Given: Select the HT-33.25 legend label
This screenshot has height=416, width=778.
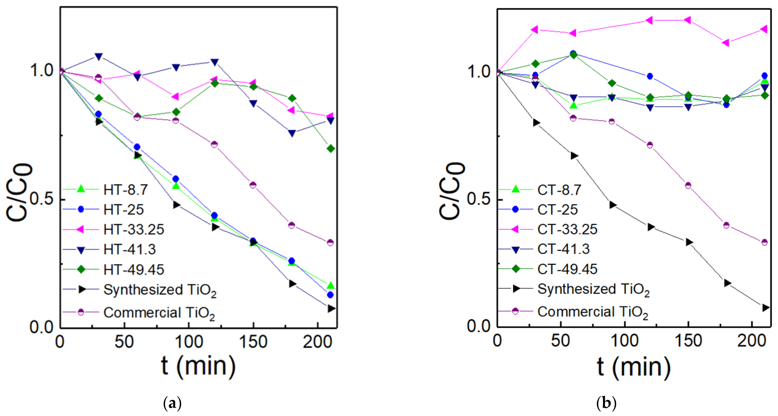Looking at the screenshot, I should pos(134,229).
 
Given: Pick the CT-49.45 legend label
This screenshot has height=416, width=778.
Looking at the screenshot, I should pos(567,269).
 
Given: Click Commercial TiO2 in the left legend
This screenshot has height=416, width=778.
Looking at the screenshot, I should pos(159,312).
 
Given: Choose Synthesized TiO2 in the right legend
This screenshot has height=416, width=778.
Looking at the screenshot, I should pos(593,289).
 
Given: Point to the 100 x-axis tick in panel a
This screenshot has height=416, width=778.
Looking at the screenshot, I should pos(189,342).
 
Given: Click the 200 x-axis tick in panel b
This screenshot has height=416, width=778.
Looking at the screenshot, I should pos(751,341).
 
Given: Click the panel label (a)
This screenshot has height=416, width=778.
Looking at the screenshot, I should pos(172,403).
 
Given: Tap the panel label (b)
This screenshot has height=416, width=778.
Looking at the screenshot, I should pos(606,403).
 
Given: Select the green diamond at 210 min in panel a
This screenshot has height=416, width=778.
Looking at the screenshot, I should pos(331,148).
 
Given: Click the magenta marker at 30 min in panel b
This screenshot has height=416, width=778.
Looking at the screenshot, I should pos(534,30).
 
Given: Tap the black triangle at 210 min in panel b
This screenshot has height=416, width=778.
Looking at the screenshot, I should pos(765,307).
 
